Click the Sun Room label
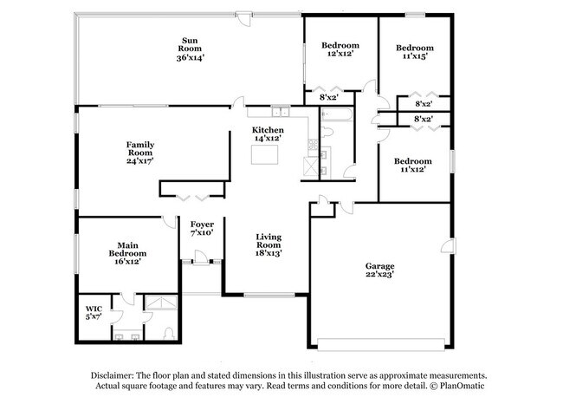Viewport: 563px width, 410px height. [x=190, y=49]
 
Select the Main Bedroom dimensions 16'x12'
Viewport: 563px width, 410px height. [x=121, y=260]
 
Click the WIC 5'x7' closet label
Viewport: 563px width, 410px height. [x=93, y=312]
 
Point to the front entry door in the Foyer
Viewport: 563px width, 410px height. [x=200, y=258]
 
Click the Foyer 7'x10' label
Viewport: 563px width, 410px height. [x=201, y=228]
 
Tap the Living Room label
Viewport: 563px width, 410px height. [x=268, y=244]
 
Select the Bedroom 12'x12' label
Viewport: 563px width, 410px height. [x=340, y=49]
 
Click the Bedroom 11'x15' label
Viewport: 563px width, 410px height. [x=414, y=52]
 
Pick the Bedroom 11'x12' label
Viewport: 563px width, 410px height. [x=412, y=166]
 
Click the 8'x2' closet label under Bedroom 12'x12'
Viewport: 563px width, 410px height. [x=328, y=97]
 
